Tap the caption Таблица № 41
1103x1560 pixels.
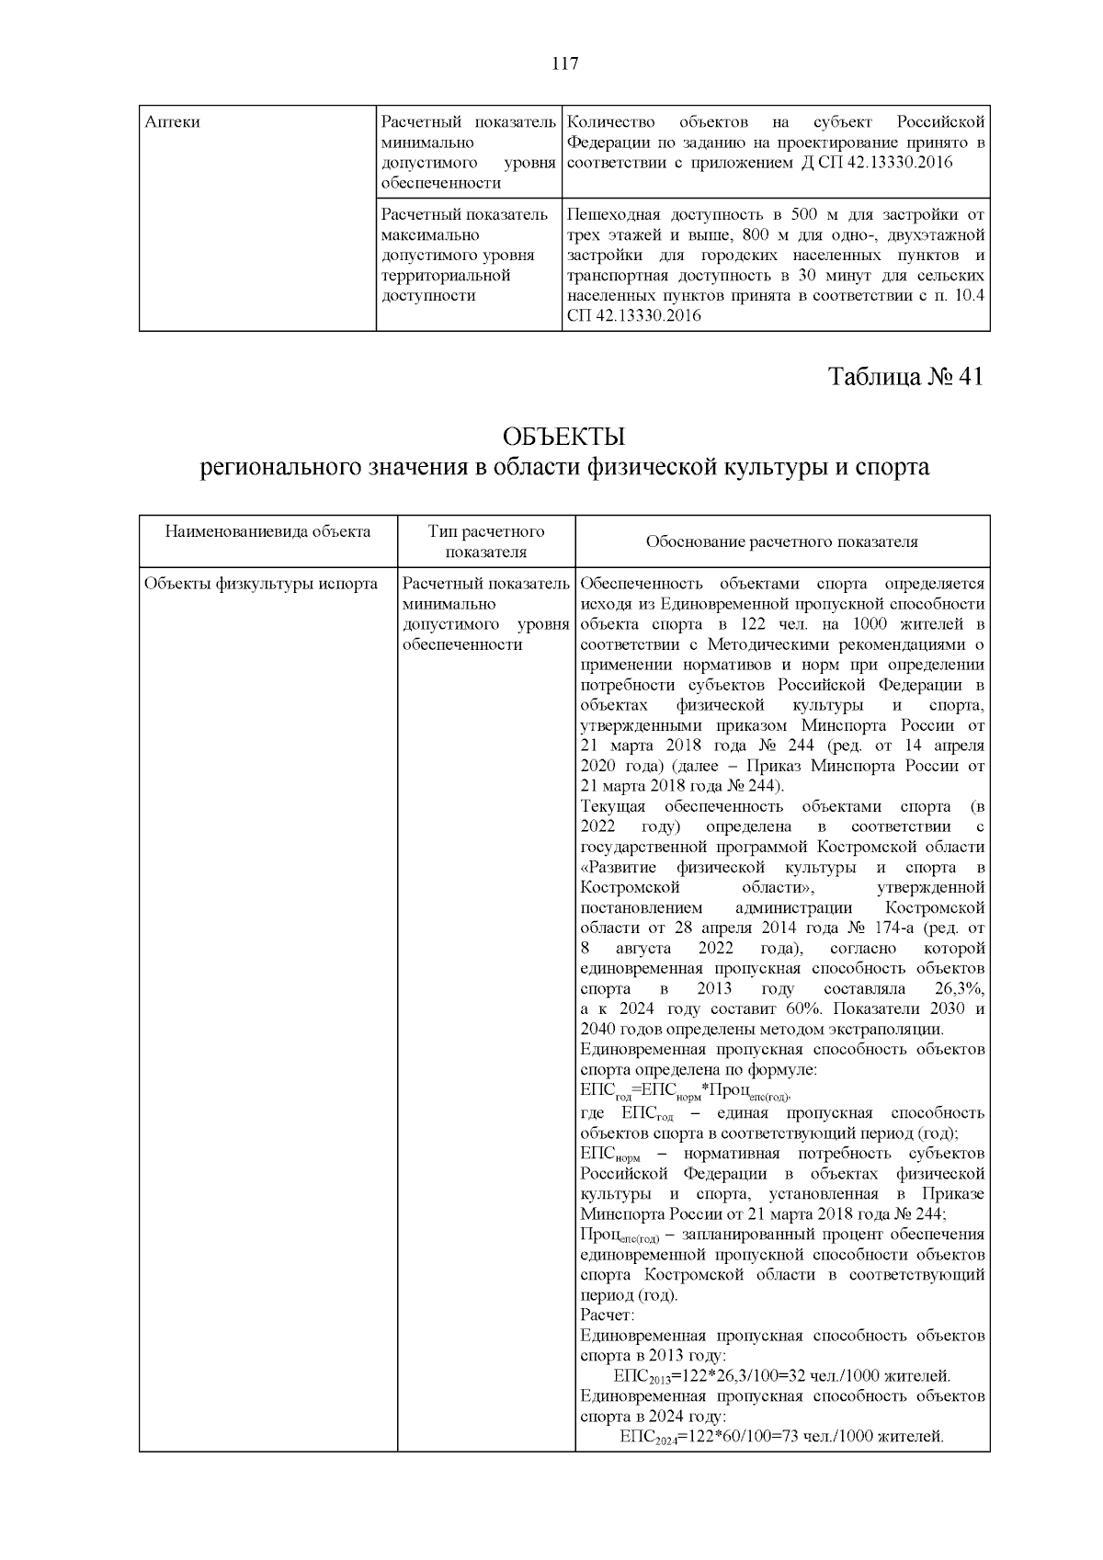point(906,377)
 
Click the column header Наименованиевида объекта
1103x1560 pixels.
point(267,531)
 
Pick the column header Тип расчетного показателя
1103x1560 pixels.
point(486,541)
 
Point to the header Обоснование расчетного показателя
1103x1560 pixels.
point(781,541)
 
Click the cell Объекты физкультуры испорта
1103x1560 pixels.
point(261,584)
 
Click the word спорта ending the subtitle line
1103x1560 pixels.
point(893,467)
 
